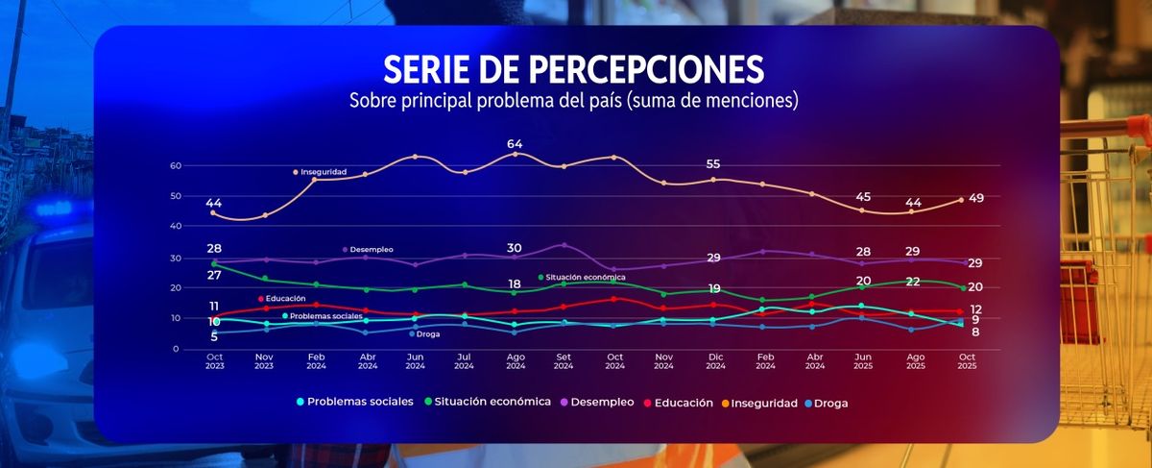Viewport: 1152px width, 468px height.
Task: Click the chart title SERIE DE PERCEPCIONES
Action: (x=574, y=70)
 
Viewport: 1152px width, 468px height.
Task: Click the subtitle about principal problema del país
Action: (x=574, y=100)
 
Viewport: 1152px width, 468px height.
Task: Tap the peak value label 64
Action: (x=515, y=144)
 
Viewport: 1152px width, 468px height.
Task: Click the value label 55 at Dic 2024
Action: (x=713, y=164)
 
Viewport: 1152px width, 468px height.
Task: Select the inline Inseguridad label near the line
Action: (x=323, y=172)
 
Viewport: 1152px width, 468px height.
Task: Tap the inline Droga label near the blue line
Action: (x=428, y=333)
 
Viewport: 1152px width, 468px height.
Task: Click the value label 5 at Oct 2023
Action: (x=214, y=337)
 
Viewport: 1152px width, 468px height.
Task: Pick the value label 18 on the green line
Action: (x=515, y=284)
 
